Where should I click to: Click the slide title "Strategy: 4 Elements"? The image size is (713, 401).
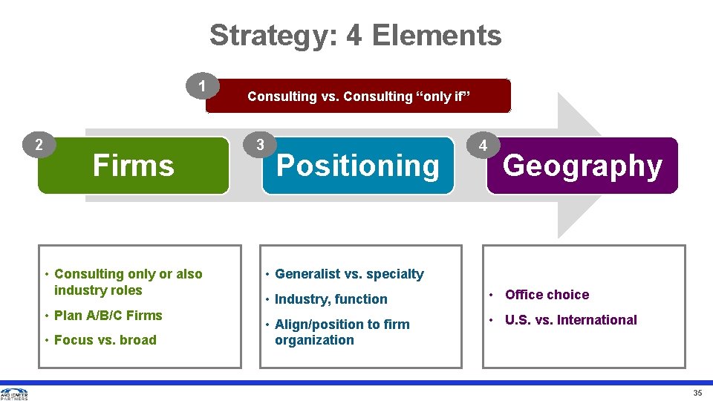pos(355,35)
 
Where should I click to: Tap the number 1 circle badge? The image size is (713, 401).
pos(202,87)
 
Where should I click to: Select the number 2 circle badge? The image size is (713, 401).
pos(39,145)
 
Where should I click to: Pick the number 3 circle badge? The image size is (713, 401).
pos(258,145)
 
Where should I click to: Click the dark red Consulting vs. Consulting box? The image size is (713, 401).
pos(359,97)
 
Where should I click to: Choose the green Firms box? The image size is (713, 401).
pos(134,166)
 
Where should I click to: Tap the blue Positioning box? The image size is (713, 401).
pos(358,166)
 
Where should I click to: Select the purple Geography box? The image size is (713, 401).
pos(582,166)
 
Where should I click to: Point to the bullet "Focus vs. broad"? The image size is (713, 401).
pos(105,340)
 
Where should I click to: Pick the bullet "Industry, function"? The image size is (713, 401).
pos(331,299)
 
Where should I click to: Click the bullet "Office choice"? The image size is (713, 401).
pos(547,295)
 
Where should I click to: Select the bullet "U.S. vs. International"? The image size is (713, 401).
pos(570,320)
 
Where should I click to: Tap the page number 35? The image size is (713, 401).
pos(697,393)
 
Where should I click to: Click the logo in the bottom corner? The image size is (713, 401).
pos(14,394)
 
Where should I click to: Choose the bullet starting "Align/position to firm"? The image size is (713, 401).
pos(342,332)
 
